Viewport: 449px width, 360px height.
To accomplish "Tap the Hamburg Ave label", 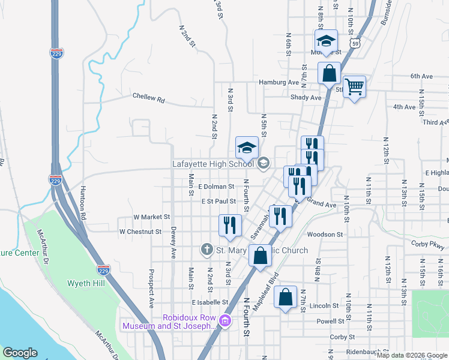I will (x=279, y=82).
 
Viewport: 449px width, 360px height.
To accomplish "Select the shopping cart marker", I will (x=354, y=88).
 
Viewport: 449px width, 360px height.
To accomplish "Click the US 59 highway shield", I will (x=356, y=44).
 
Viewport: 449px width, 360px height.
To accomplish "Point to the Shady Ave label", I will (x=306, y=97).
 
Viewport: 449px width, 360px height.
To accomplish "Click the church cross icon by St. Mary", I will (x=206, y=249).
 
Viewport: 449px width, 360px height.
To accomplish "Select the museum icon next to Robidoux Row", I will (x=225, y=321).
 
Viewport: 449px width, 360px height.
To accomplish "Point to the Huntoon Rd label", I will (x=83, y=203).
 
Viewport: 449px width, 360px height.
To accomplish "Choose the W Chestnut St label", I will (x=140, y=231).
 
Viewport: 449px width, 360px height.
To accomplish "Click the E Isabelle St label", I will (x=210, y=302).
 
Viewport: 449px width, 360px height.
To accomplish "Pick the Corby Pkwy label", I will (x=429, y=244).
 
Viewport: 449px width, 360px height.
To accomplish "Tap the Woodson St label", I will (x=324, y=235).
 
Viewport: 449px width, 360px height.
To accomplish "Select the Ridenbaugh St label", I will (x=367, y=352).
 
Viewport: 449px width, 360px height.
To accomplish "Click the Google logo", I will (x=20, y=353).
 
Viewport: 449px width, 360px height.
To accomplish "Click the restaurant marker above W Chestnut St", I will (x=230, y=225).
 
